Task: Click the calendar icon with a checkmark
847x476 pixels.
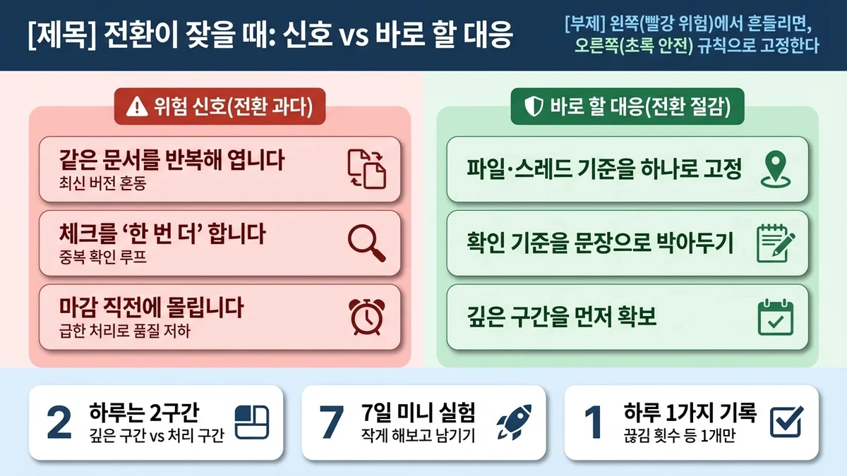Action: click(x=774, y=318)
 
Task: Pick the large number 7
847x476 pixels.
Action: click(x=330, y=422)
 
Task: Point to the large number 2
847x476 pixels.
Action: click(x=59, y=422)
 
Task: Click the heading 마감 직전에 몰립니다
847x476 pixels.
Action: click(x=152, y=307)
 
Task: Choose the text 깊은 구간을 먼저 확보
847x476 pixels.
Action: click(x=562, y=317)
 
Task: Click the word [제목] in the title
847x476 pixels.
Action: click(x=53, y=35)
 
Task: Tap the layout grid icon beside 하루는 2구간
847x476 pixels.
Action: click(x=252, y=422)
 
